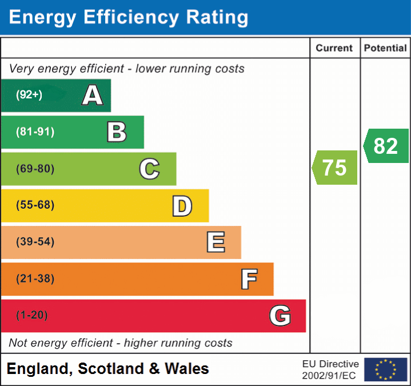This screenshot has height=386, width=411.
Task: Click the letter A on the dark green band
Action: [x=93, y=95]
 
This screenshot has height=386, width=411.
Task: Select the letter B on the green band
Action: [x=117, y=132]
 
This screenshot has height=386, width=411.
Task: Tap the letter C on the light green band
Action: [x=149, y=169]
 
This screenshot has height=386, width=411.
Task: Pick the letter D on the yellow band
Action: [x=182, y=206]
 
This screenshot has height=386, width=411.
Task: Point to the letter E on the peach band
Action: [x=215, y=242]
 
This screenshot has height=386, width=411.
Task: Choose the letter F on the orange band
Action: [x=248, y=279]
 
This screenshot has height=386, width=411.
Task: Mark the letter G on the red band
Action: [x=280, y=316]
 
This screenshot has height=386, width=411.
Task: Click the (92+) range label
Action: [x=29, y=95]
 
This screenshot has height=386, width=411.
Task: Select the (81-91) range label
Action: [x=35, y=132]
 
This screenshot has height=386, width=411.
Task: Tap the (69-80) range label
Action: [x=35, y=169]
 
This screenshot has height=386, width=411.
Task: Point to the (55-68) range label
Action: [x=35, y=205]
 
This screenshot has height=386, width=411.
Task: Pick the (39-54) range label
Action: [x=35, y=242]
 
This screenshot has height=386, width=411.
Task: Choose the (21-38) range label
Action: [x=35, y=279]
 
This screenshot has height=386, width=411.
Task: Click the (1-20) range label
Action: [x=32, y=316]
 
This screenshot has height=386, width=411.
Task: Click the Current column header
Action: [x=335, y=49]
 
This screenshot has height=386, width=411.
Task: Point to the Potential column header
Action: [x=385, y=49]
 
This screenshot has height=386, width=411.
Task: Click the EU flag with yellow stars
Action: [x=386, y=369]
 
